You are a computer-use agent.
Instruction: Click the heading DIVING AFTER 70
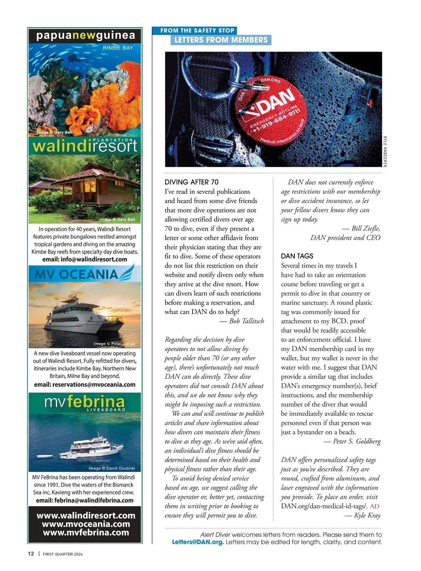coord(192,182)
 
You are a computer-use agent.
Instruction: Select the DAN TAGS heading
coord(297,256)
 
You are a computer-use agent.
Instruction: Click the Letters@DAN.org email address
coord(198,542)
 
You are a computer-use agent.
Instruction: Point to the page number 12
coord(31,554)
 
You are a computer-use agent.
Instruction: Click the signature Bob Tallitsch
coord(246,321)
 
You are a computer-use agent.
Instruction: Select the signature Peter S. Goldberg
coord(356,441)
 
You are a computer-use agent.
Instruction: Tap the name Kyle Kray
coord(367,515)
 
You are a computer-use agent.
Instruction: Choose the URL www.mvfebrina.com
coord(86,532)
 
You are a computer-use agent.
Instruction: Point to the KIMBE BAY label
coord(118,48)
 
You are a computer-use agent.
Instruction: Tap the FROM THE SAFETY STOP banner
coord(197,31)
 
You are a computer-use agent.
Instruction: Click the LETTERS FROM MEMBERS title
coord(221,40)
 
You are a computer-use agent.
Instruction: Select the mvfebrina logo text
coord(85,402)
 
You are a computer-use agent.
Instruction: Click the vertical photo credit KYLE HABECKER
coord(385,151)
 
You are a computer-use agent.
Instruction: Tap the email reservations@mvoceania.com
coord(85,385)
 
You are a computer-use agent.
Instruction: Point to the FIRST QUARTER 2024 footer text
coord(63,554)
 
